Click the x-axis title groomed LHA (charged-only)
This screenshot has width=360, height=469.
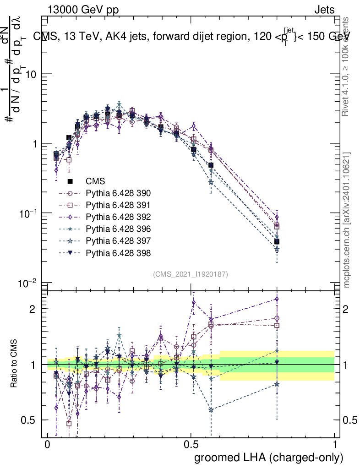point(269,457)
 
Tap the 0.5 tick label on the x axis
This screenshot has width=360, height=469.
point(191,445)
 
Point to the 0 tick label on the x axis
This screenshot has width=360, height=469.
point(48,445)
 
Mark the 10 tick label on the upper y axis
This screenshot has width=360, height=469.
point(31,74)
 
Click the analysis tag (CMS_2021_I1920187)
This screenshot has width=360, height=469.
point(191,274)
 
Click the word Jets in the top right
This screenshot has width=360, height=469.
point(324,10)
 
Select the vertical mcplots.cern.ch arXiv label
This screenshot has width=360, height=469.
point(347,220)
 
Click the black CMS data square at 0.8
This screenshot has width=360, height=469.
point(277,241)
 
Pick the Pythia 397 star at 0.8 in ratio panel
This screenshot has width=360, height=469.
point(277,384)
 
